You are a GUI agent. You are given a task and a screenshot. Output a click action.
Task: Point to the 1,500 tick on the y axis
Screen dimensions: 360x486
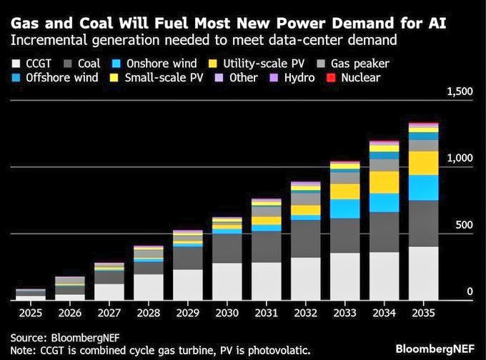coord(460,91)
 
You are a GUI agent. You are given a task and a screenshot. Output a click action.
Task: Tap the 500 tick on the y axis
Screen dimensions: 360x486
coord(465,224)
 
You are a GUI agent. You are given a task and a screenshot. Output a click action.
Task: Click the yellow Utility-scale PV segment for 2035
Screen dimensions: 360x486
coord(424,163)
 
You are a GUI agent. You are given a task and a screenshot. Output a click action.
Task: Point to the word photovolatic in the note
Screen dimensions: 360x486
coord(272,350)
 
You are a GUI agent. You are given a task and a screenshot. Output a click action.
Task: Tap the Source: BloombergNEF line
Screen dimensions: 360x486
coord(57,336)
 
